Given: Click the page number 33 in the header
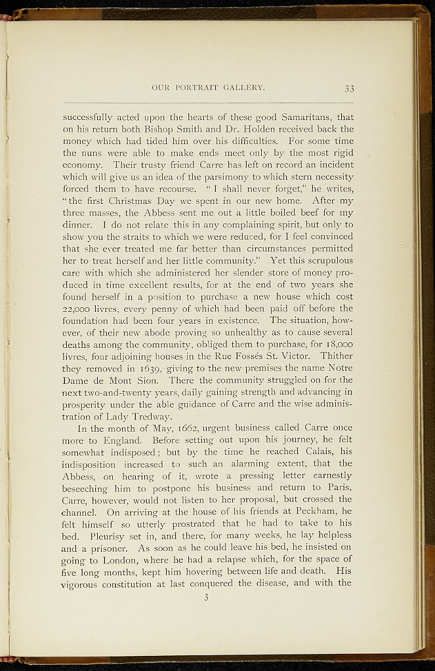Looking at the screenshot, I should tap(349, 89).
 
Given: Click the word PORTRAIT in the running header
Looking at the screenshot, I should tap(197, 87).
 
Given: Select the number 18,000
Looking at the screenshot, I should tap(340, 344).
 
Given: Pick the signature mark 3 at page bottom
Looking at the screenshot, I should tap(205, 597).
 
